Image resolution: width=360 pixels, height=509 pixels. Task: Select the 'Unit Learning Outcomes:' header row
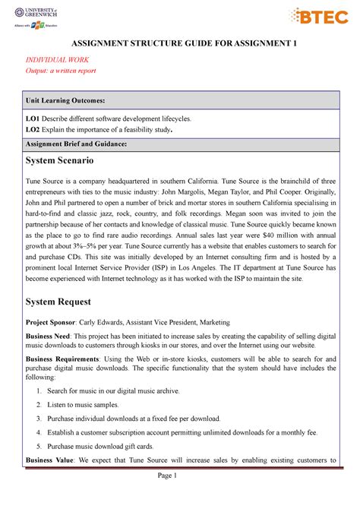(x=180, y=100)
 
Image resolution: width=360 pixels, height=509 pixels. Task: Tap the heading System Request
(x=60, y=301)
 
